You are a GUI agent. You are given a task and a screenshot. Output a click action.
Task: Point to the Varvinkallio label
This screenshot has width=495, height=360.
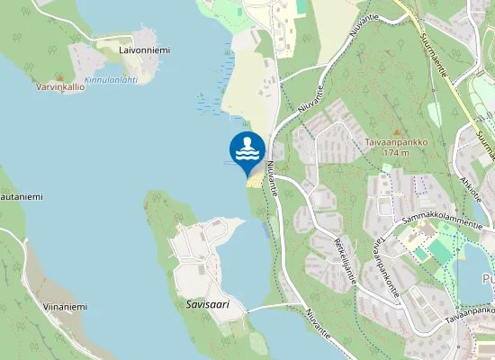tap(60, 88)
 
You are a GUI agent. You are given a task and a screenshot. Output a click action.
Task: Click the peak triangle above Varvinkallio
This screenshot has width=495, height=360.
tap(61, 78)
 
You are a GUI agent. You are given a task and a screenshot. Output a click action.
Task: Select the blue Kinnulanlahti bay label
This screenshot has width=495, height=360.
tap(111, 79)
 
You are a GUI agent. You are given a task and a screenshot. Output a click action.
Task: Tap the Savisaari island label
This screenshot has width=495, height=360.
tap(208, 305)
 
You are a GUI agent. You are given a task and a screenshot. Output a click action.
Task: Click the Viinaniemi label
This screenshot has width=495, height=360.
tap(64, 307)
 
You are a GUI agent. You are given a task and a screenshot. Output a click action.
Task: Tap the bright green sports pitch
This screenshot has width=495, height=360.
tap(440, 249)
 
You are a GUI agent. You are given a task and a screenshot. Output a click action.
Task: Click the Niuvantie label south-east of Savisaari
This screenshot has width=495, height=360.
tap(319, 325)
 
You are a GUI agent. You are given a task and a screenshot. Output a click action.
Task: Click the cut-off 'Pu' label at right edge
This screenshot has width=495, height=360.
tap(488, 280)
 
